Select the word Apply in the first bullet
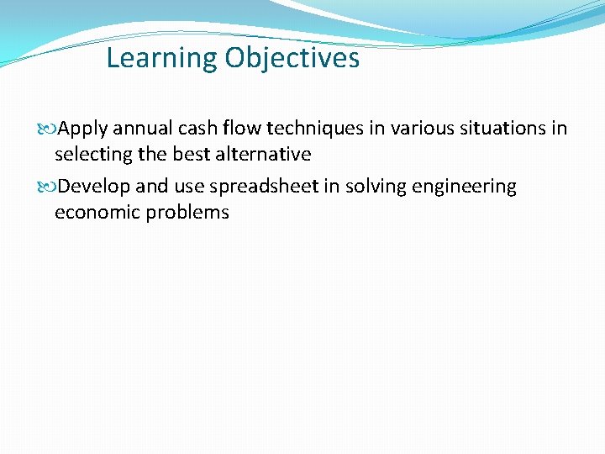(x=82, y=129)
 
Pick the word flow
(x=242, y=129)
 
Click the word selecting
(x=91, y=155)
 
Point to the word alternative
(x=261, y=155)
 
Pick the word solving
(x=366, y=187)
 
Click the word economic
(x=97, y=212)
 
